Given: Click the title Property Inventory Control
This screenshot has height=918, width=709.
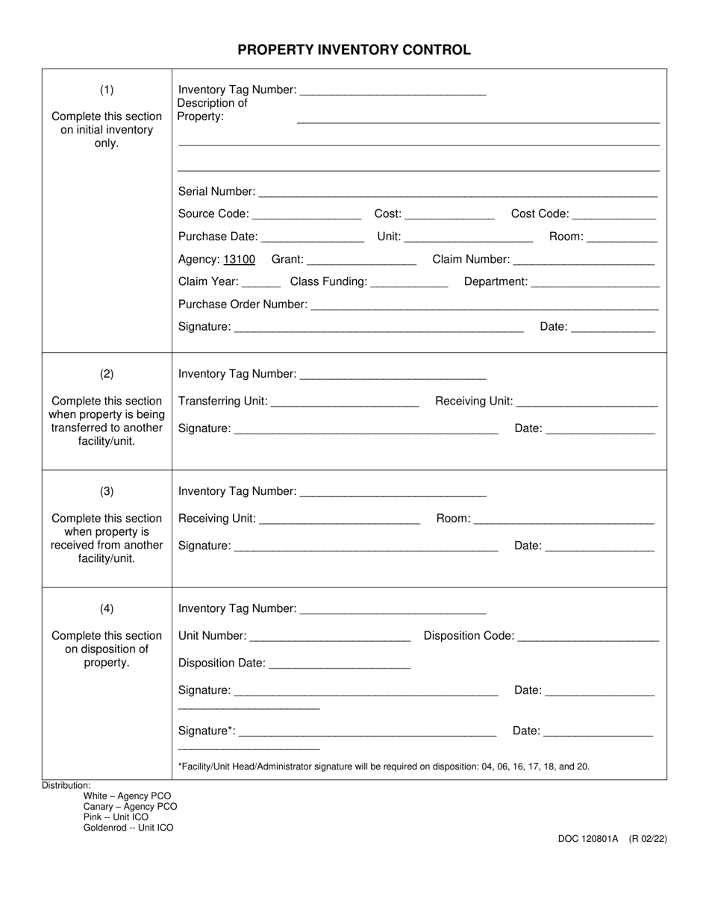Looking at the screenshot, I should coord(354,50).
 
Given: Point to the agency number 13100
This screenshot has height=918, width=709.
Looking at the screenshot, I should coord(240,260).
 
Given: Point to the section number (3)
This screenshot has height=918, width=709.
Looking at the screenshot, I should coord(107,491).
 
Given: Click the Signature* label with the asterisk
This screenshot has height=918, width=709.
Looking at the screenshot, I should coord(207,731).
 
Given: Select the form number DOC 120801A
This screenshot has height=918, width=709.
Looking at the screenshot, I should coord(588,839).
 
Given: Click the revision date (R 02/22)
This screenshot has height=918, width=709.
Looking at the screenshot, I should coord(648,839).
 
